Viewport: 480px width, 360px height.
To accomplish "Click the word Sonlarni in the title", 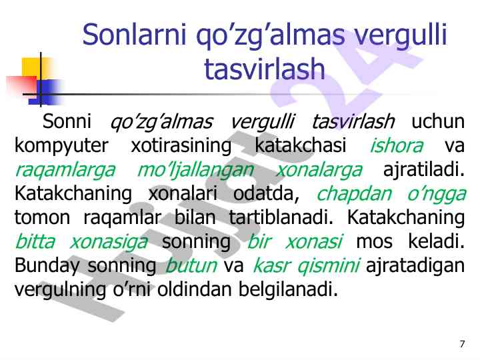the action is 135,34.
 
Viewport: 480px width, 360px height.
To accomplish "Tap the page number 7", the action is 462,344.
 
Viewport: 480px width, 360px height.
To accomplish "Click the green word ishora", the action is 397,145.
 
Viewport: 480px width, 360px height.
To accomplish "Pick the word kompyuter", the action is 61,146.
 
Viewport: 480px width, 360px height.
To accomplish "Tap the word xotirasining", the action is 181,146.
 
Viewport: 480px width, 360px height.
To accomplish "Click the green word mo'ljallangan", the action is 195,170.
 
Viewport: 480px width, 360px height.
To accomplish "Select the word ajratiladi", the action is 424,170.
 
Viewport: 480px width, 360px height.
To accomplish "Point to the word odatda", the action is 266,193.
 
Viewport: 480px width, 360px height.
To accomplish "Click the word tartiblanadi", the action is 281,217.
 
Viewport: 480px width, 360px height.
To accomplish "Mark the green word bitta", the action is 35,241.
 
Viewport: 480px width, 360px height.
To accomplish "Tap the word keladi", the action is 436,241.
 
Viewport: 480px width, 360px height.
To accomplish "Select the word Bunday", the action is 47,266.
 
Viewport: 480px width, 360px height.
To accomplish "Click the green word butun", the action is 191,265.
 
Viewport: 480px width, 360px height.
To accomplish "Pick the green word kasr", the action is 270,265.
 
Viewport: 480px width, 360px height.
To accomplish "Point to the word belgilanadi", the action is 288,289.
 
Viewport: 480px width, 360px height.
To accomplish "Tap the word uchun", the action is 438,121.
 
